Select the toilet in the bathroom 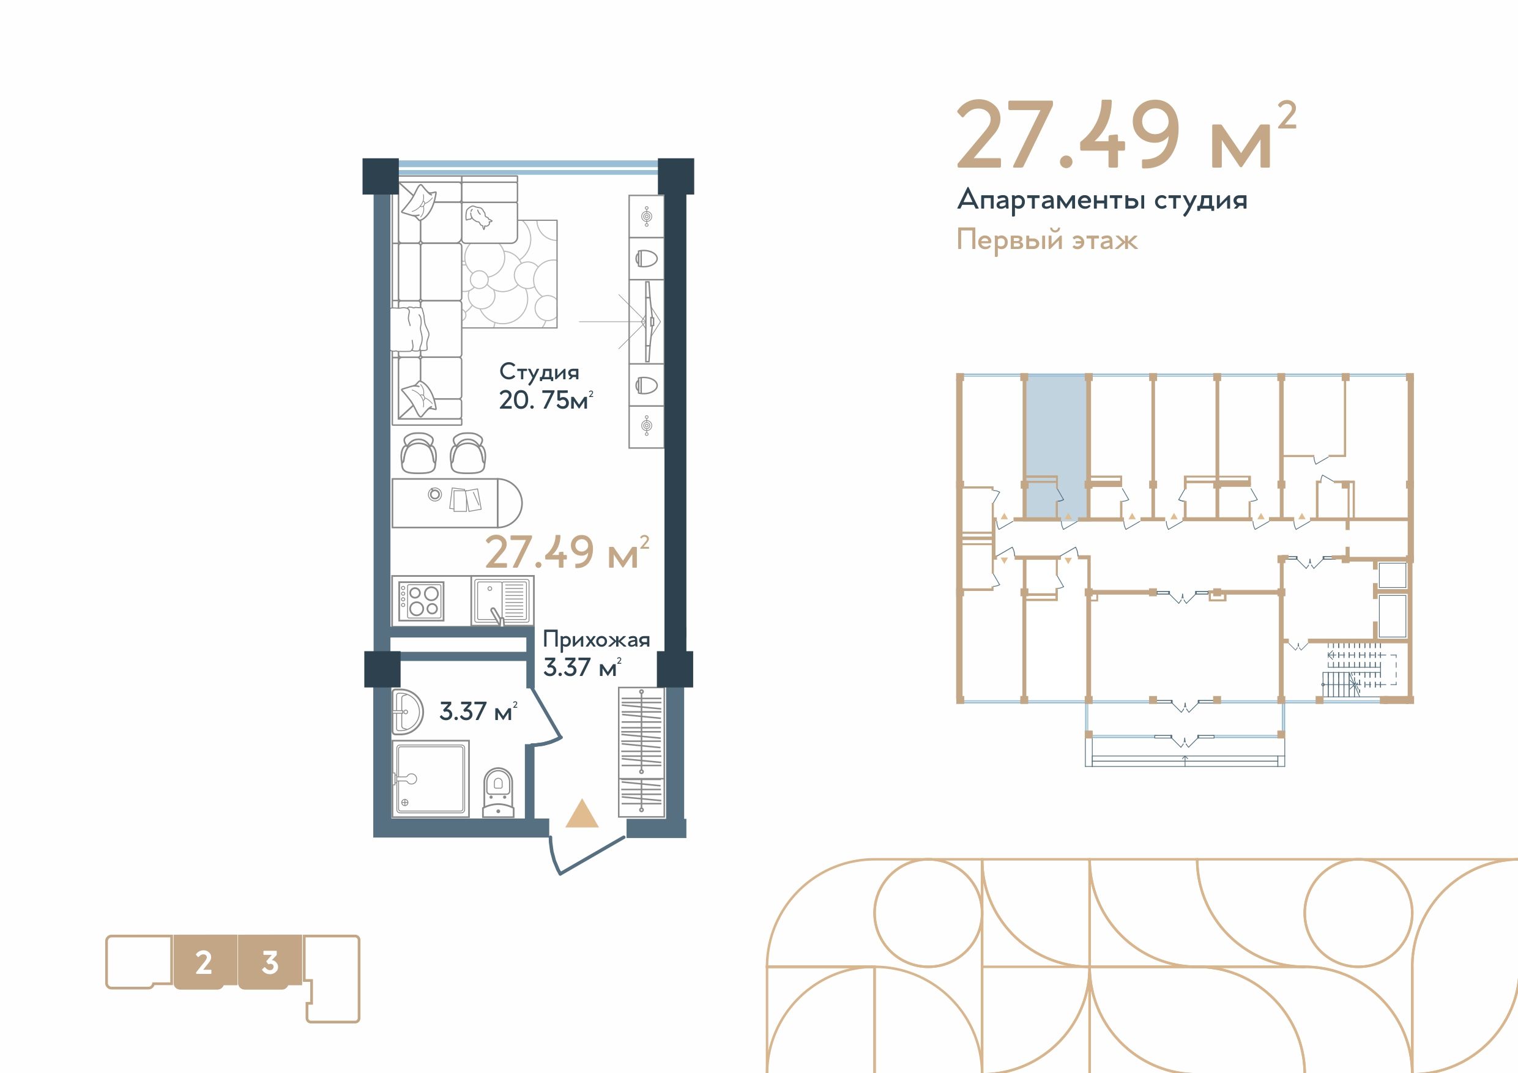[x=498, y=792]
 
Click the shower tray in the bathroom [x=430, y=778]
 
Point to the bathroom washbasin [x=407, y=713]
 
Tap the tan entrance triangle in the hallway [x=582, y=814]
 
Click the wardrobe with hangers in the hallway [x=641, y=753]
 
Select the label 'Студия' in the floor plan [x=539, y=372]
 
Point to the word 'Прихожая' [x=597, y=640]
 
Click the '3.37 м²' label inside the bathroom [x=478, y=711]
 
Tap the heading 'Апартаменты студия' [x=1102, y=200]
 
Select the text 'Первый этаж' [x=1047, y=239]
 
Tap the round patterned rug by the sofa [x=509, y=273]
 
